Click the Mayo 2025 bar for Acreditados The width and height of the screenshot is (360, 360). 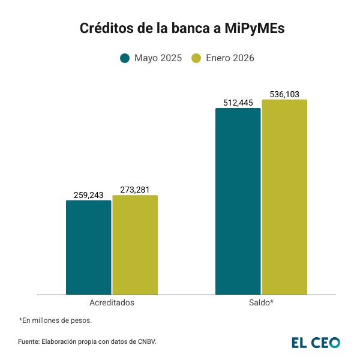pyautogui.click(x=89, y=247)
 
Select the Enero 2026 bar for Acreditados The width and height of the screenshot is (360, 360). pyautogui.click(x=135, y=245)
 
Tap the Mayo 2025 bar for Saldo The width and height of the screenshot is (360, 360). pyautogui.click(x=238, y=201)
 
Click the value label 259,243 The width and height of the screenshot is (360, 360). pyautogui.click(x=89, y=195)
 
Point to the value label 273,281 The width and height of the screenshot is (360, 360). pyautogui.click(x=135, y=190)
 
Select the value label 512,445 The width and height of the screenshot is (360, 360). pyautogui.click(x=238, y=103)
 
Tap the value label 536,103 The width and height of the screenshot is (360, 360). pyautogui.click(x=284, y=94)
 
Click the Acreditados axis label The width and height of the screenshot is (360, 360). pyautogui.click(x=112, y=302)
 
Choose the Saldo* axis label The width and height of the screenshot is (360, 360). pyautogui.click(x=261, y=302)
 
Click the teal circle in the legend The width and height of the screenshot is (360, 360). pyautogui.click(x=125, y=58)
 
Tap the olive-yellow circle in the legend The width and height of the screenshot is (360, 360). pyautogui.click(x=196, y=58)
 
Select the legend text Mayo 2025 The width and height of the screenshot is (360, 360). pyautogui.click(x=158, y=58)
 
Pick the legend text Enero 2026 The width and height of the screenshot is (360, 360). pyautogui.click(x=230, y=58)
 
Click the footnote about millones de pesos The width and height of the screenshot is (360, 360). pyautogui.click(x=55, y=320)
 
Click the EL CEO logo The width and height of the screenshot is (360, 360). pyautogui.click(x=316, y=342)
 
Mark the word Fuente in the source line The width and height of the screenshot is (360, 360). pyautogui.click(x=28, y=342)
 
